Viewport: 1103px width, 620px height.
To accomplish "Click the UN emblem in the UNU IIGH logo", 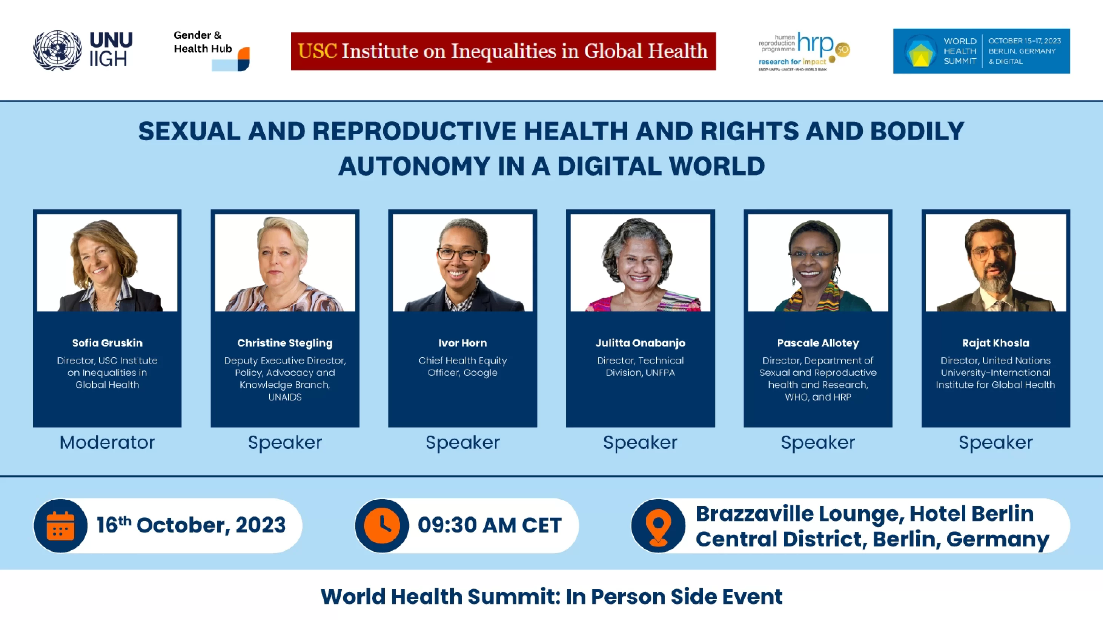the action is pyautogui.click(x=57, y=51).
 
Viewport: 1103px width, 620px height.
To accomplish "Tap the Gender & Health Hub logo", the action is pyautogui.click(x=212, y=51).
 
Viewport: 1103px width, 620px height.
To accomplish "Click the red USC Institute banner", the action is pyautogui.click(x=504, y=51).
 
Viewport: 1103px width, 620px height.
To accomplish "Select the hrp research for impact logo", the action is pyautogui.click(x=804, y=51).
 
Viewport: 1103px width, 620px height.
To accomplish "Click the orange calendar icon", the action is pyautogui.click(x=60, y=525).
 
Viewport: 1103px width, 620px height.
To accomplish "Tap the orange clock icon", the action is pyautogui.click(x=382, y=525).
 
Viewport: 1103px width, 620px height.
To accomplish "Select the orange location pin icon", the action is pyautogui.click(x=658, y=526).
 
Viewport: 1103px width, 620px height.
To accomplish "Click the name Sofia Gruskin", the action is pyautogui.click(x=107, y=342).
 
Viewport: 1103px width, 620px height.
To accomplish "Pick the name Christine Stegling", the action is pyautogui.click(x=285, y=343).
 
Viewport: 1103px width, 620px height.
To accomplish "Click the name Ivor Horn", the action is pyautogui.click(x=462, y=342).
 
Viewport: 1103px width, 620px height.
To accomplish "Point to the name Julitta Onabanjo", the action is pyautogui.click(x=640, y=343).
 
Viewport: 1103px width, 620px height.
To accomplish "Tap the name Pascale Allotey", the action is pyautogui.click(x=818, y=343).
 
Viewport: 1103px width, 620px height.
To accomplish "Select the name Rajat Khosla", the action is pyautogui.click(x=995, y=343).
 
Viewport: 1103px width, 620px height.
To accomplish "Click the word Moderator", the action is pyautogui.click(x=107, y=442).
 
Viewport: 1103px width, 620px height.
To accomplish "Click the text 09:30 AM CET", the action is pyautogui.click(x=489, y=525).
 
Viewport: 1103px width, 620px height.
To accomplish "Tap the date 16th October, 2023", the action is pyautogui.click(x=191, y=525).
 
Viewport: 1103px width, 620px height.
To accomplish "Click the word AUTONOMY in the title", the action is pyautogui.click(x=415, y=166).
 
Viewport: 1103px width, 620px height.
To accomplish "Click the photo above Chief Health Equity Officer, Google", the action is pyautogui.click(x=462, y=262).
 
